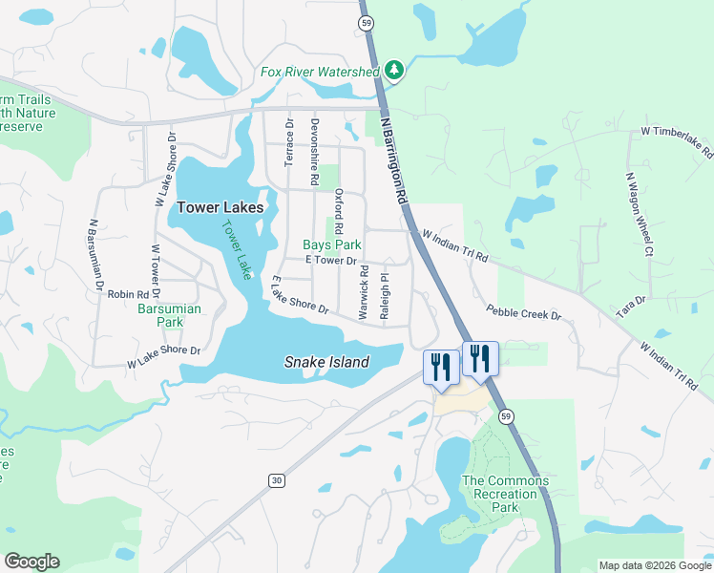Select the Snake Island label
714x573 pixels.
coord(326,362)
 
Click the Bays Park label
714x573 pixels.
coord(331,244)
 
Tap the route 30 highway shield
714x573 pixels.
coord(276,480)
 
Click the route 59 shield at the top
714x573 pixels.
coord(366,22)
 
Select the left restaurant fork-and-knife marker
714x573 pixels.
coord(440,367)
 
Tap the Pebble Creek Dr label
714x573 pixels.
coord(523,312)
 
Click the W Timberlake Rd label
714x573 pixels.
coord(677,141)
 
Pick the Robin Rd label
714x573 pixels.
coord(128,295)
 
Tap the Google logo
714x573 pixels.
coord(31,562)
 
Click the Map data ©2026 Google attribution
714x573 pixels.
coord(654,565)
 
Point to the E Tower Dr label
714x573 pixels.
coord(330,261)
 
